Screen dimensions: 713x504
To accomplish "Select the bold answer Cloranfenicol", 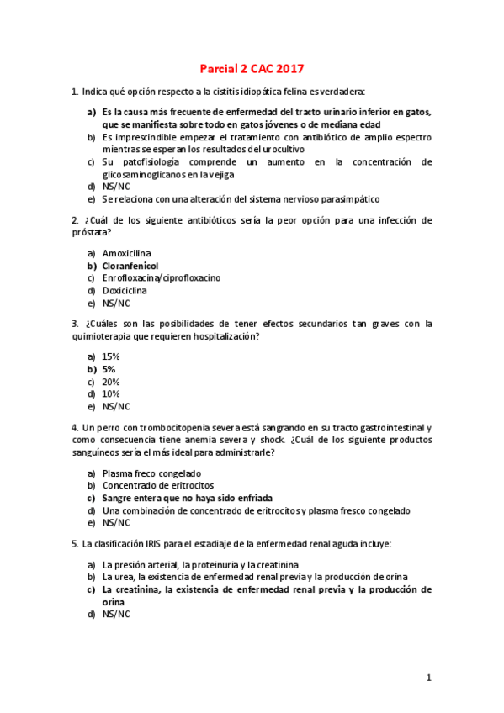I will pyautogui.click(x=130, y=265).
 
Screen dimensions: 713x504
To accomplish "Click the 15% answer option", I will pyautogui.click(x=111, y=356).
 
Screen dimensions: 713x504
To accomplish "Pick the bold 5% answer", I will pyautogui.click(x=109, y=369).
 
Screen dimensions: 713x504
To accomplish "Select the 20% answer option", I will pyautogui.click(x=111, y=382).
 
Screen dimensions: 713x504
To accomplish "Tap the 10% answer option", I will pyautogui.click(x=111, y=393).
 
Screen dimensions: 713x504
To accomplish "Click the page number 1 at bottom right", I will pyautogui.click(x=428, y=677).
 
